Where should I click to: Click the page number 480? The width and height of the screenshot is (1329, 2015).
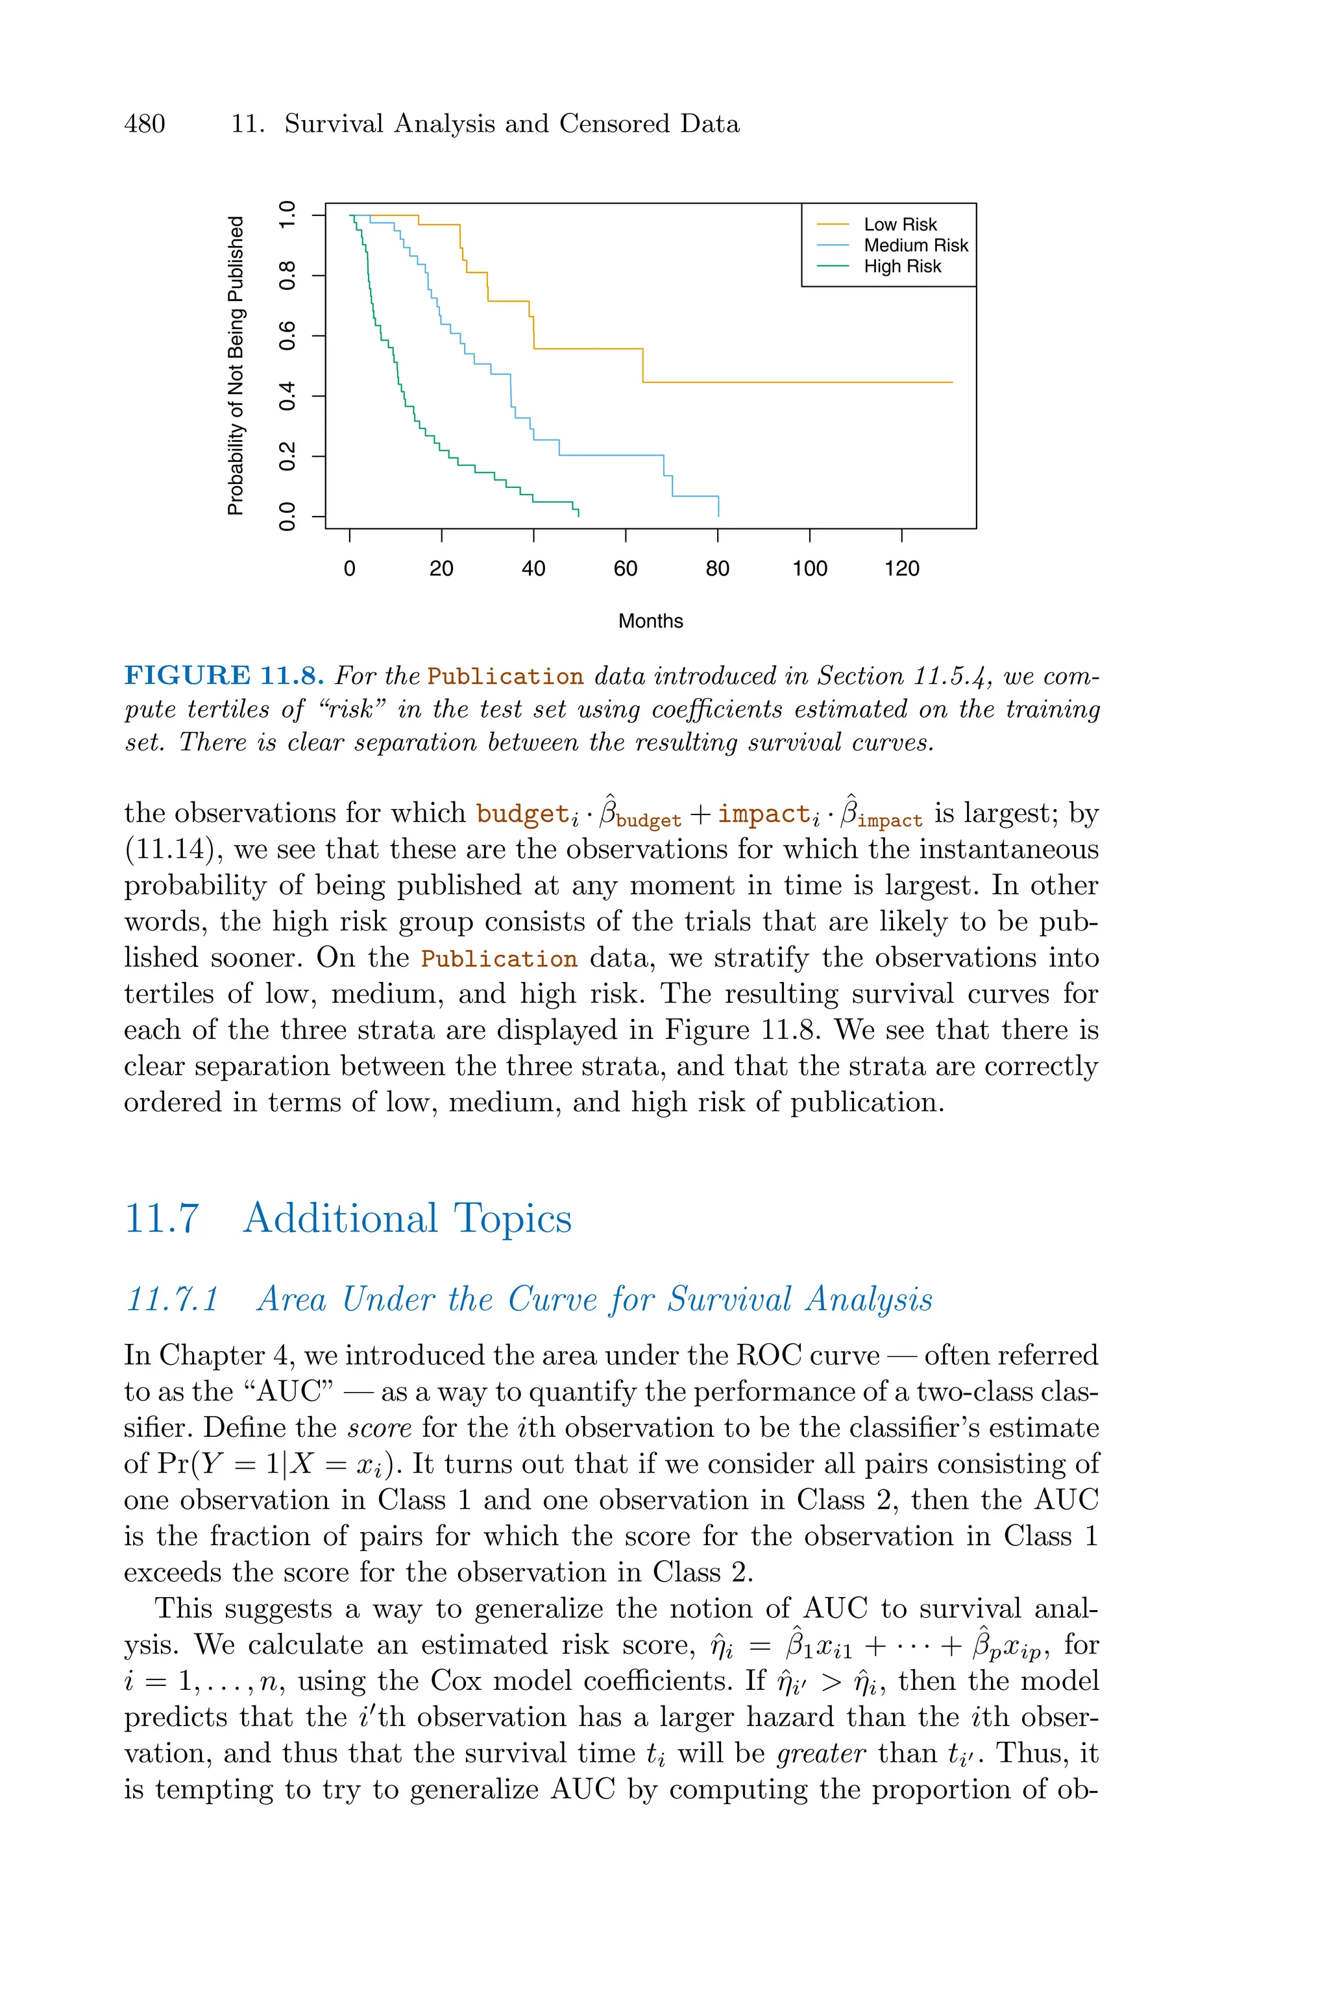145,124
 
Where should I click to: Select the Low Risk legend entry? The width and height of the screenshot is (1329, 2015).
899,225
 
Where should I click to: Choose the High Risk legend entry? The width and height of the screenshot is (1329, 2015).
902,267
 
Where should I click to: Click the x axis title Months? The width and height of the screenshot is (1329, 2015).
650,621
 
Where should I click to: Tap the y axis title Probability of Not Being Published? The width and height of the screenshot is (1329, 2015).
235,365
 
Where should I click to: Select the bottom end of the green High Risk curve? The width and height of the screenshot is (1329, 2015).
578,515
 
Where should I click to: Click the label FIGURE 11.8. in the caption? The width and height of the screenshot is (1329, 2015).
225,676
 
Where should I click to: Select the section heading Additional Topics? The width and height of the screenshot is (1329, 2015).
407,1219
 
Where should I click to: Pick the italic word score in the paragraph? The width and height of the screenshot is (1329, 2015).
380,1428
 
